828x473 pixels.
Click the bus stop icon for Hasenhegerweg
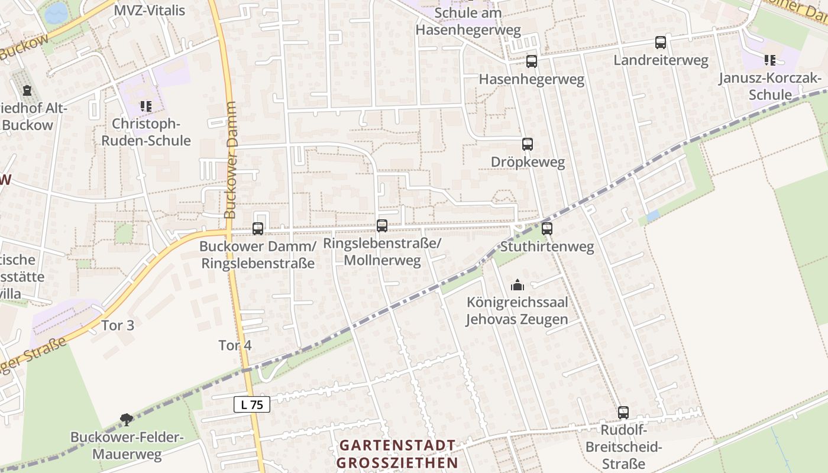point(532,61)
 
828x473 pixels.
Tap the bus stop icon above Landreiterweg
point(661,43)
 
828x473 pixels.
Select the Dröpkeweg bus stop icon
point(527,144)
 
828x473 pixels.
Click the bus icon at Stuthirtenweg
point(547,228)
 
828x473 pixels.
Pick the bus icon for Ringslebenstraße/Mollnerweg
point(382,225)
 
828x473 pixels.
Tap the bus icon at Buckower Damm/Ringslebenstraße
point(258,228)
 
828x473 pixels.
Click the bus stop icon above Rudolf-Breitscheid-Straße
point(623,412)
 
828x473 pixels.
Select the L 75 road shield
point(252,404)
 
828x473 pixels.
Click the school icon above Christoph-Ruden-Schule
point(145,106)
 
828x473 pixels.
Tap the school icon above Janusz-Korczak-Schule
point(769,60)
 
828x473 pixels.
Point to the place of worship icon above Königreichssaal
point(517,286)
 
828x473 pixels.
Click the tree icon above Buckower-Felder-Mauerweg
point(127,420)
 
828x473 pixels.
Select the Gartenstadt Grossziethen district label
point(397,453)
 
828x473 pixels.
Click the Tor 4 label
point(235,345)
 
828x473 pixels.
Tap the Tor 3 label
point(118,325)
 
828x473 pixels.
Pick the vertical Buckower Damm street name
point(231,160)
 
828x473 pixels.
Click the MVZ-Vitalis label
point(150,10)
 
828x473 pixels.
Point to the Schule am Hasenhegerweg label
point(468,21)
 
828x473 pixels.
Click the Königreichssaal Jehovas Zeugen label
point(517,311)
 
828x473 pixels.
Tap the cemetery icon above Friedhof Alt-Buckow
point(27,90)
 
